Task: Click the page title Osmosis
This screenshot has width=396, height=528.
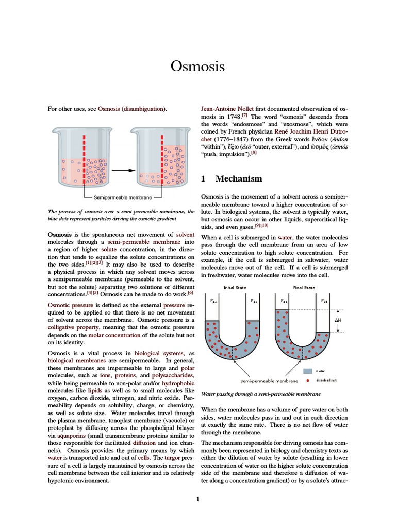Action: click(198, 67)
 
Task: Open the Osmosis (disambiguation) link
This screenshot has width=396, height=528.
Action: click(132, 109)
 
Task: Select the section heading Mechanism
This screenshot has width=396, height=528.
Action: click(238, 178)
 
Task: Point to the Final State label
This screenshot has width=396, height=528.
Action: click(304, 287)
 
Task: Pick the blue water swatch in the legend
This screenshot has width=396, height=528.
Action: click(308, 371)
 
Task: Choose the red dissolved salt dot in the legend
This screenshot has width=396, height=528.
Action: click(308, 381)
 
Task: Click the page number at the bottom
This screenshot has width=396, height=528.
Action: click(198, 499)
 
